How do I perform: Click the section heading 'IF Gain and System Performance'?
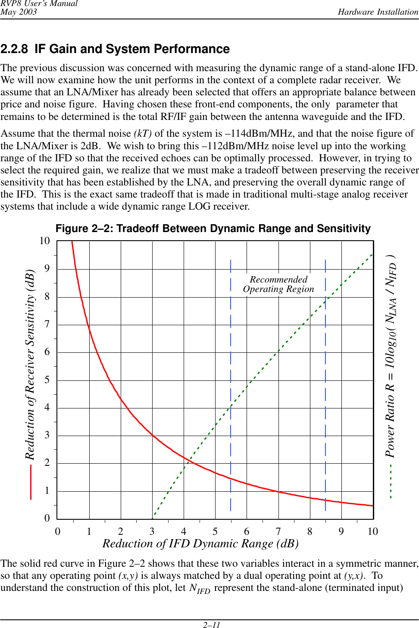point(132,49)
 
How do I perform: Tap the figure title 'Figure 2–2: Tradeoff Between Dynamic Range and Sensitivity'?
point(213,229)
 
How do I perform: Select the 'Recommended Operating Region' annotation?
point(278,285)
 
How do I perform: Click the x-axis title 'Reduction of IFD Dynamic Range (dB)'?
point(200,544)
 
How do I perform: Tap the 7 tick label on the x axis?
point(278,531)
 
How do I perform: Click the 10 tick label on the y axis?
point(45,241)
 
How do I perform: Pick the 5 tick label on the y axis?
point(47,380)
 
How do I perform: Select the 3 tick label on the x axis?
point(152,531)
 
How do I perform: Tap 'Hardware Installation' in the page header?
point(378,12)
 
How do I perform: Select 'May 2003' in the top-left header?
point(19,12)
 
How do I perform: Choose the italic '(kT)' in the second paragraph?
point(143,134)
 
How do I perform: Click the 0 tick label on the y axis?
point(47,518)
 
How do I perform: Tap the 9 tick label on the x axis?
point(341,531)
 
